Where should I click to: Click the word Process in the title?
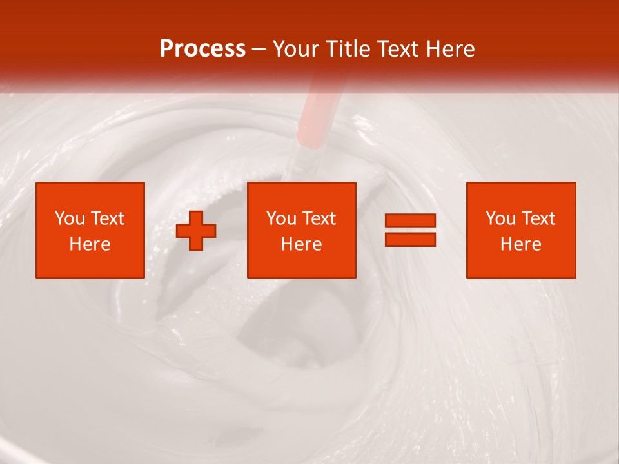point(202,49)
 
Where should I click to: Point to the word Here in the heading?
point(449,49)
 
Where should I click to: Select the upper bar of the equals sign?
point(411,221)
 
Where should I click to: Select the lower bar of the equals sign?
point(411,240)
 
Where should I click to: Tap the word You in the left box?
point(70,218)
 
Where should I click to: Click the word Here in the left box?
point(90,244)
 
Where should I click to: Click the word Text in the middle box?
point(319,218)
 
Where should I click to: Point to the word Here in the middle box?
point(302,244)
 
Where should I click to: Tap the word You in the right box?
point(500,218)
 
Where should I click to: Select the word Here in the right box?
point(521,244)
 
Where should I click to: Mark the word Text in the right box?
point(538,218)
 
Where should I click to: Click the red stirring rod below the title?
point(312,116)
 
